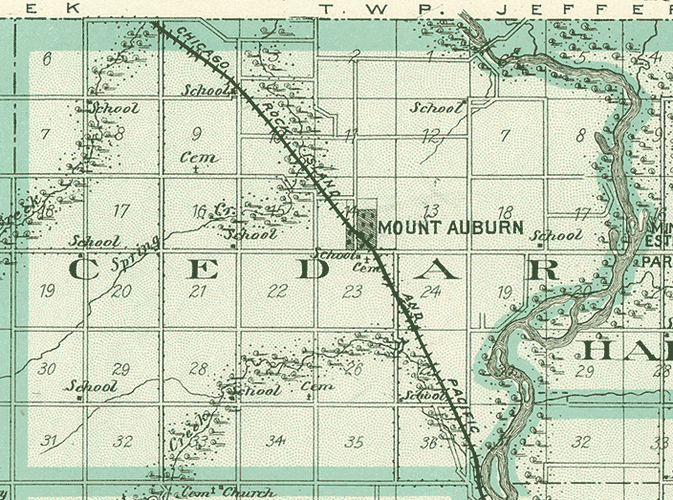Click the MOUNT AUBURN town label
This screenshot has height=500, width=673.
coord(451,228)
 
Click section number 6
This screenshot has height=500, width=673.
coord(47,59)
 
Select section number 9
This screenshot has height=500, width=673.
coord(197,134)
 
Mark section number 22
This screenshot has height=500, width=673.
coord(277,293)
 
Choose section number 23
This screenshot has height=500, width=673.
coord(354,293)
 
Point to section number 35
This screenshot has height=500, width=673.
coord(355,442)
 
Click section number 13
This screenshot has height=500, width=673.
coord(430,210)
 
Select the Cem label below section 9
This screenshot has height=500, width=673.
coord(199,158)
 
